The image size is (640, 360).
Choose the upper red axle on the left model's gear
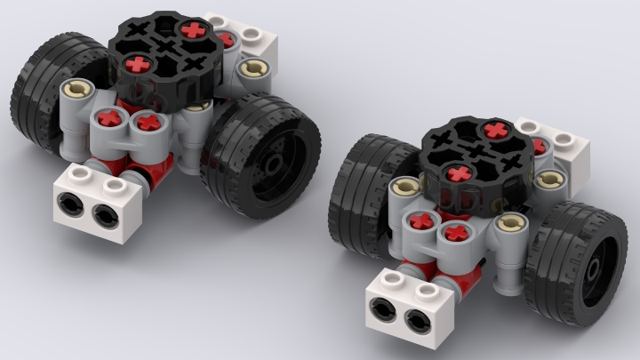(193, 30)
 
